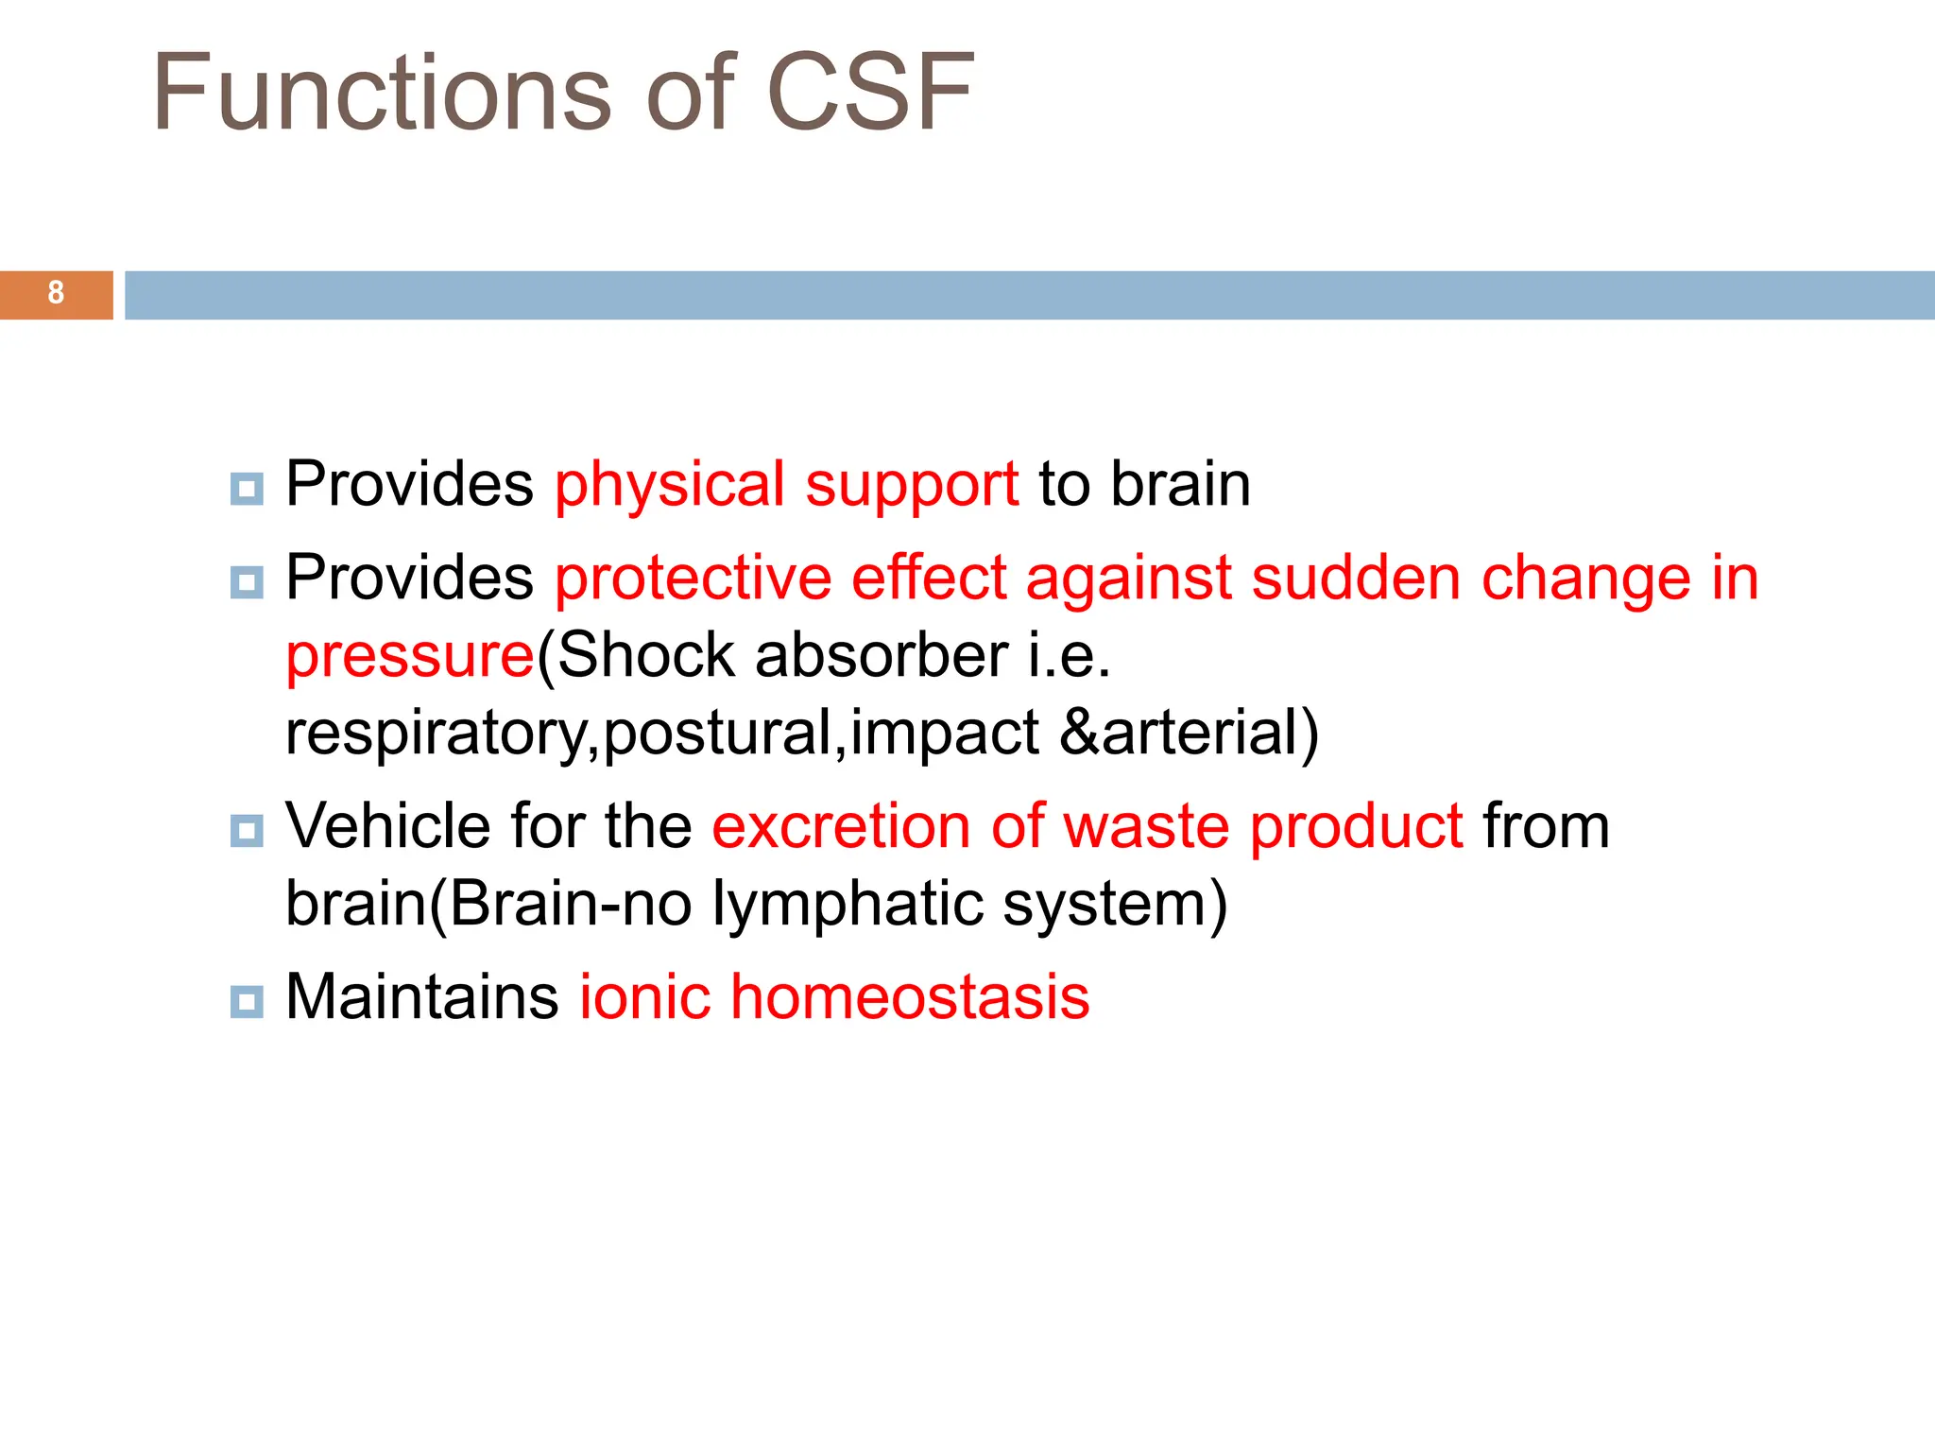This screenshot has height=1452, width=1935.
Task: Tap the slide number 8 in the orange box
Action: (56, 294)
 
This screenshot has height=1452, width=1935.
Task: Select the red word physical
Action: (669, 486)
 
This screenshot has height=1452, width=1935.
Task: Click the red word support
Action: (911, 486)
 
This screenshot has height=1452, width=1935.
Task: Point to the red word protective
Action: (693, 579)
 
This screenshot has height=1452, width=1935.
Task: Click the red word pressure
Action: (410, 657)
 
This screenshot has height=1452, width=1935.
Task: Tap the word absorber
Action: (881, 655)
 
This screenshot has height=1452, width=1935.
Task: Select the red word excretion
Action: (840, 826)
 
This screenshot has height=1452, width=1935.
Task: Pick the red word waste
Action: (1145, 826)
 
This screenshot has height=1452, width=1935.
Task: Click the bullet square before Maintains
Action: (247, 1001)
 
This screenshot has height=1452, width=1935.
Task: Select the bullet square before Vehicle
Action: (247, 831)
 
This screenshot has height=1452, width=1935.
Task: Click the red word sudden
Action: (1356, 579)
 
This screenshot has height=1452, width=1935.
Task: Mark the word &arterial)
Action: (1189, 733)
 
